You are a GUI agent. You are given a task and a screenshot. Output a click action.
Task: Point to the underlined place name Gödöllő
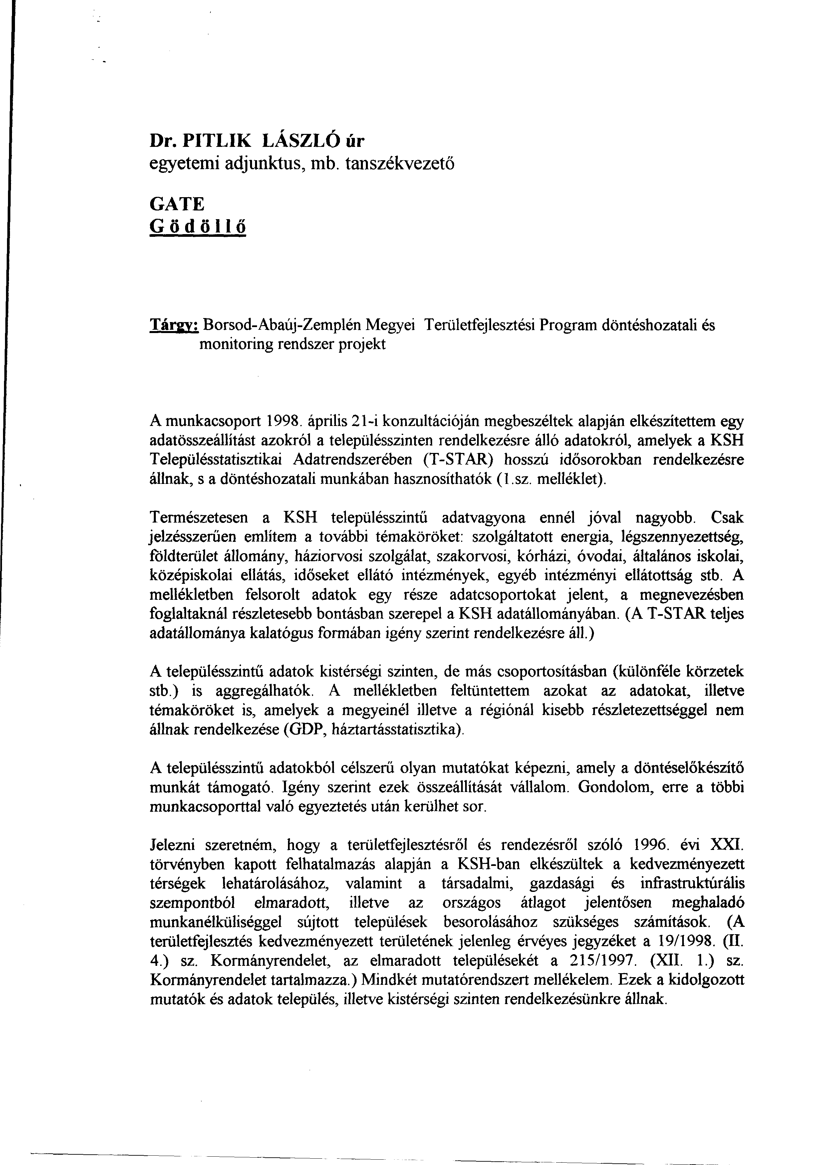(x=198, y=227)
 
